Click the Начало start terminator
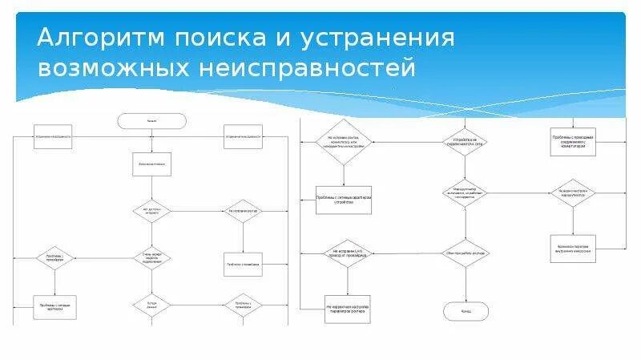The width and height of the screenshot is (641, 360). tap(152, 121)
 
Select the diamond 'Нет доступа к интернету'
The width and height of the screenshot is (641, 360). tap(152, 211)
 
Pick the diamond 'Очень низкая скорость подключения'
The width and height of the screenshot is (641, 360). tap(152, 258)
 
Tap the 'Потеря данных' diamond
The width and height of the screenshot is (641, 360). tap(152, 305)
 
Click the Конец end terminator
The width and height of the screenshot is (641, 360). tap(466, 309)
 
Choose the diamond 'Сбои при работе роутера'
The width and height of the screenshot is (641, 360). tap(466, 253)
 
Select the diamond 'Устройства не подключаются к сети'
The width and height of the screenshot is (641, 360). tap(466, 142)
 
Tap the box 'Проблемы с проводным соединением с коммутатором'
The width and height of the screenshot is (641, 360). tap(573, 140)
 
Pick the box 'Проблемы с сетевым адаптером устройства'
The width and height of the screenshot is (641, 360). tap(343, 200)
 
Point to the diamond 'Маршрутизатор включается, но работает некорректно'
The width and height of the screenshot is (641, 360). tap(466, 192)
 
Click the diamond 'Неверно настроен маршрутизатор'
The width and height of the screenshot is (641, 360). tap(573, 192)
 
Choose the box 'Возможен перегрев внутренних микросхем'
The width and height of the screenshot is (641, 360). tap(573, 248)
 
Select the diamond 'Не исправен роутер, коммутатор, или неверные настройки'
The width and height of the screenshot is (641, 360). tap(343, 142)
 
